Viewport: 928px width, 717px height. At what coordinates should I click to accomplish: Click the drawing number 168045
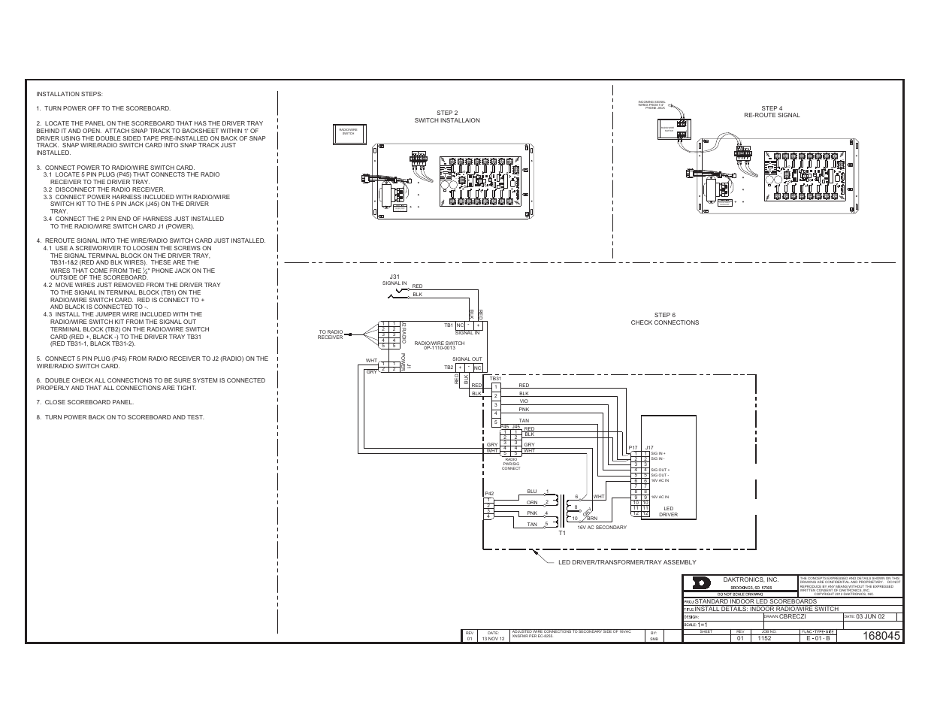click(881, 637)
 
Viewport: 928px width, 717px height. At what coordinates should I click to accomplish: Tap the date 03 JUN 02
click(871, 616)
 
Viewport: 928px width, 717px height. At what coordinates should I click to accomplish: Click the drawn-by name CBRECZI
click(793, 616)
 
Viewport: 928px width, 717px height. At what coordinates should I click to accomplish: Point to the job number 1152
click(764, 638)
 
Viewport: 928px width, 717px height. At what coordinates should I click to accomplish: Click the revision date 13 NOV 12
click(492, 638)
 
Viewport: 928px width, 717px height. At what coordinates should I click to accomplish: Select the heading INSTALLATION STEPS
click(69, 94)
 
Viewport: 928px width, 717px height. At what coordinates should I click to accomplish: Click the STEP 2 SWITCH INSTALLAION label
click(446, 116)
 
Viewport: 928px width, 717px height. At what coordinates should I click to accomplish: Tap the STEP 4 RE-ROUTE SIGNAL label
click(772, 111)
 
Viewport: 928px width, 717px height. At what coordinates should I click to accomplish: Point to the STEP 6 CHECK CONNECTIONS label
click(664, 319)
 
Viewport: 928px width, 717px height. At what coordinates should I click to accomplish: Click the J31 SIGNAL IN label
click(394, 280)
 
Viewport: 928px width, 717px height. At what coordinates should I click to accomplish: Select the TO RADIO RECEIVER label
click(330, 334)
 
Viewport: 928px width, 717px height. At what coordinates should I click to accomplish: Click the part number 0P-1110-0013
click(439, 348)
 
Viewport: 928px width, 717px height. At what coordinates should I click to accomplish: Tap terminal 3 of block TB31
click(496, 404)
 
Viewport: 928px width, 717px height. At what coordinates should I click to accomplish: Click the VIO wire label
click(524, 401)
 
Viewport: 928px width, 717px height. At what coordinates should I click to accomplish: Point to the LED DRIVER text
click(668, 511)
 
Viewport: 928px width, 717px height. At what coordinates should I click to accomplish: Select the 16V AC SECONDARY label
click(601, 527)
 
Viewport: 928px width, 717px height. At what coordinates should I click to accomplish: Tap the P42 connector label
click(488, 494)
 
